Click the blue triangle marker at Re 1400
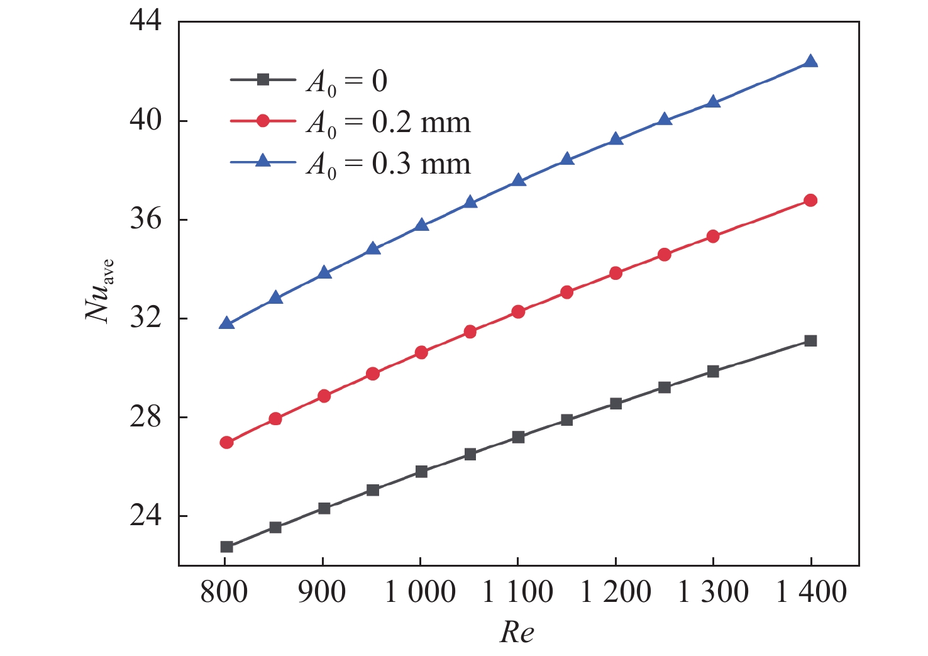point(810,62)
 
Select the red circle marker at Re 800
point(227,442)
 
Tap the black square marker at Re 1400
point(810,341)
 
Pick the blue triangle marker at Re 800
point(227,324)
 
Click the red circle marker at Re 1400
point(810,201)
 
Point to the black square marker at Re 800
point(227,547)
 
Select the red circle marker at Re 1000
point(421,352)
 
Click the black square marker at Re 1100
point(518,437)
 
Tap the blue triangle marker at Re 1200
point(616,139)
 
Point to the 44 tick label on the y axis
point(145,22)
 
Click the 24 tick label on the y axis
point(145,516)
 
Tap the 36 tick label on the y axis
point(145,220)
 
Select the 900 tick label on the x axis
point(322,592)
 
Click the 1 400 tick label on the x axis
point(811,592)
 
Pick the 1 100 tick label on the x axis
point(517,592)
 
